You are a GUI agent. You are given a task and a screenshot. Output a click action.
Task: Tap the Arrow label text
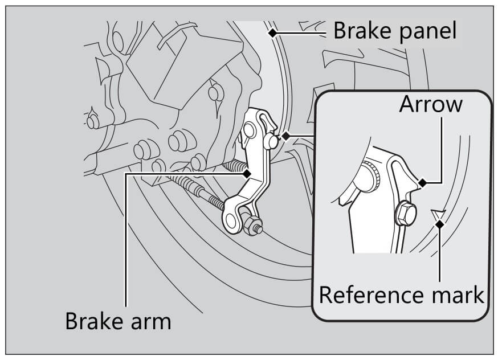click(x=430, y=105)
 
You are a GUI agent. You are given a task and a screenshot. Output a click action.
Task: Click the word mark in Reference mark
click(x=456, y=295)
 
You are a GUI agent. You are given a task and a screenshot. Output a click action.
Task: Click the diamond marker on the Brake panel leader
click(x=274, y=32)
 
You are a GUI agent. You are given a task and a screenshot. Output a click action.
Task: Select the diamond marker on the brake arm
click(x=247, y=173)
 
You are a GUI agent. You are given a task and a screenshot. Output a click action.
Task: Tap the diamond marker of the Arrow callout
click(x=422, y=182)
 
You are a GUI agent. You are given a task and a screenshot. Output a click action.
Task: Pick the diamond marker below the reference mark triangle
click(x=439, y=224)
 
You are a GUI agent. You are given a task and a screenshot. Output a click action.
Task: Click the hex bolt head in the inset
click(x=404, y=213)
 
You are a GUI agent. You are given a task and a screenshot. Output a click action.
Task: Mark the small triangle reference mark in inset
click(x=438, y=214)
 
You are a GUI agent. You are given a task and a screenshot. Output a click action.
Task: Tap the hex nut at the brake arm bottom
click(x=250, y=227)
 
